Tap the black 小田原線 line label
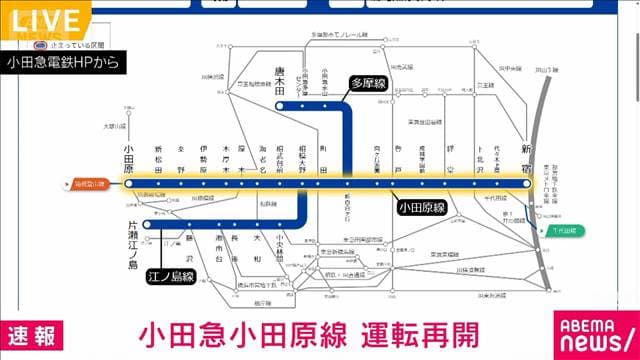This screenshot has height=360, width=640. (x=422, y=208)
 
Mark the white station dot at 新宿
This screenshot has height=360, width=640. (x=527, y=184)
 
